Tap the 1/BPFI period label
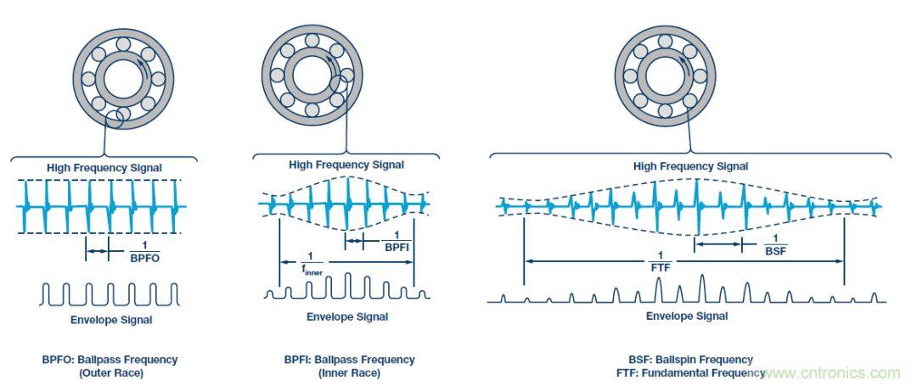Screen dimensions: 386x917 coord(393,241)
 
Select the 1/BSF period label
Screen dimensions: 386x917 coord(774,244)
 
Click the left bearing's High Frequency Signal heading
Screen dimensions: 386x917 coord(104,167)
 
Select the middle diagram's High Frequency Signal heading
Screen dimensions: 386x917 coord(346,165)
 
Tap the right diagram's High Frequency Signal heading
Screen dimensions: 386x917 coord(690,166)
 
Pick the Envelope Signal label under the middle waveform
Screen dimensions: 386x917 coord(347,317)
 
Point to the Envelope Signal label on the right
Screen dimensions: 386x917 coord(687,316)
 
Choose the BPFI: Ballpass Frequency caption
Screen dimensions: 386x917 coord(350,360)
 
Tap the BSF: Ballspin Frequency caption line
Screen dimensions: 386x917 coord(687,360)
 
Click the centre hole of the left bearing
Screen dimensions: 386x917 coord(125,79)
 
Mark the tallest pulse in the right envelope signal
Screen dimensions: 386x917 coord(701,287)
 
